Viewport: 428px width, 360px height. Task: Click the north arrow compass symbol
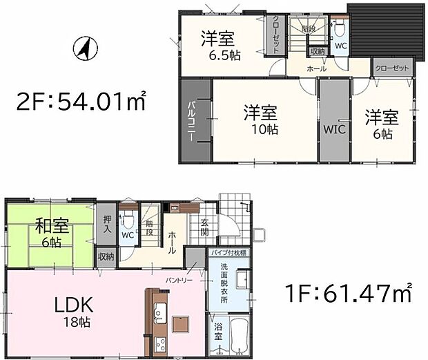[x=83, y=49]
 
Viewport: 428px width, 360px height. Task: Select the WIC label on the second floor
[x=334, y=129]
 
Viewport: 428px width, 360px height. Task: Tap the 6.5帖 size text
[x=220, y=54]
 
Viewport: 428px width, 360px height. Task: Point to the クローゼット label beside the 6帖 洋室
[x=392, y=68]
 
